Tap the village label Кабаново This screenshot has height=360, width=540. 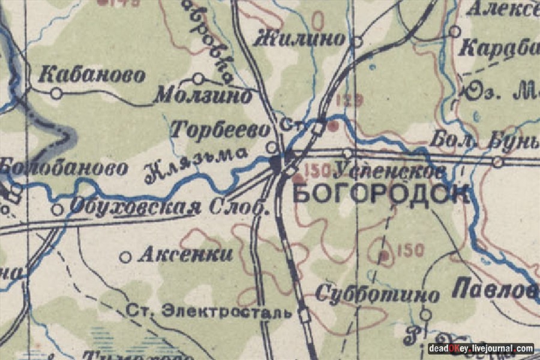92,76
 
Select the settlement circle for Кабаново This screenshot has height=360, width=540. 56,94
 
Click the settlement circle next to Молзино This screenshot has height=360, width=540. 198,79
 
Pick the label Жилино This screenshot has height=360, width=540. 300,40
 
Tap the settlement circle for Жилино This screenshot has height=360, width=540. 358,42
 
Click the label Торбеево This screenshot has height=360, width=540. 220,129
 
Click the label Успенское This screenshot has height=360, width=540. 389,171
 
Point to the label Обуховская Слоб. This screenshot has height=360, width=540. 169,207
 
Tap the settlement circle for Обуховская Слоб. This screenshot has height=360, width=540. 58,209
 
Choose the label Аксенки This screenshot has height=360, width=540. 185,254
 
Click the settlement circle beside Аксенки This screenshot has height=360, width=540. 126,257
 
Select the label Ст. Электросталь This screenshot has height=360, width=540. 209,312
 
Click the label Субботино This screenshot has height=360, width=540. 377,294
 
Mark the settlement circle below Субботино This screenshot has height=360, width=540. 425,314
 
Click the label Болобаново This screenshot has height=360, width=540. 64,168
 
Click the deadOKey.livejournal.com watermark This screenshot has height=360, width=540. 481,349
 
